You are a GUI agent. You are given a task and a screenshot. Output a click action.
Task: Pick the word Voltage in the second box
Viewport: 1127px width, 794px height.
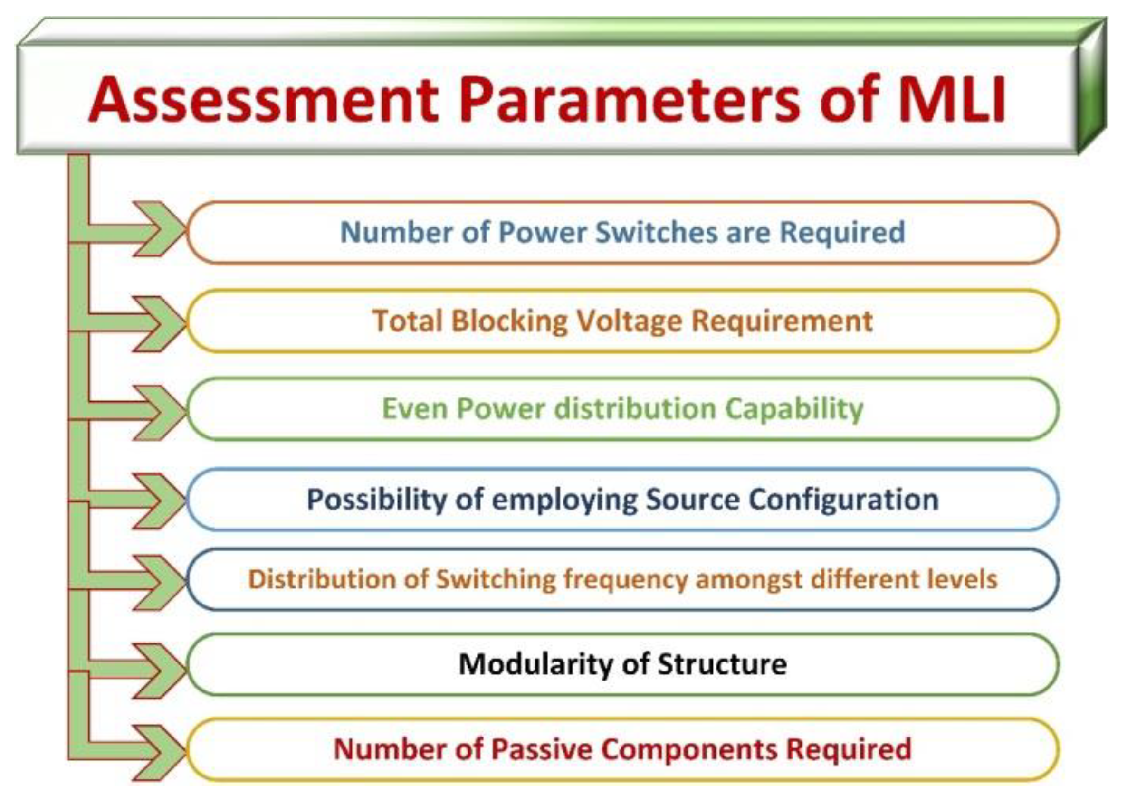(x=629, y=322)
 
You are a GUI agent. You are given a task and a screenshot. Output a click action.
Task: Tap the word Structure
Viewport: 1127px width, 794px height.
(x=722, y=664)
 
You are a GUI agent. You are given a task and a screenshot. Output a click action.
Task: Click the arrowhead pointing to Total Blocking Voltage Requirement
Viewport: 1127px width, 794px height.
(x=160, y=324)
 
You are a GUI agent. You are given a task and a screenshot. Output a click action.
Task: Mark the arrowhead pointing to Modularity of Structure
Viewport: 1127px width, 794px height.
(x=160, y=671)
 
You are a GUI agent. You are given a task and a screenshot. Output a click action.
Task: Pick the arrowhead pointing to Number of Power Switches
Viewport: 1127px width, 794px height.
(x=160, y=229)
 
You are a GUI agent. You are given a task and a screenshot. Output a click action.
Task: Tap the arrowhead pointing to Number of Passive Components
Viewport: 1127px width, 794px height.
(x=160, y=753)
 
